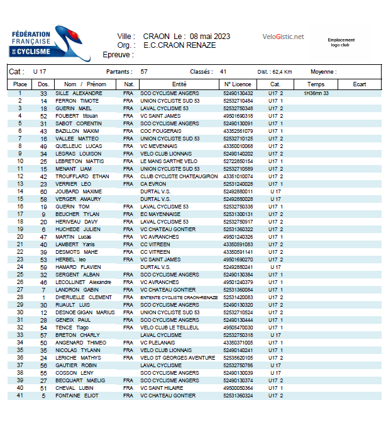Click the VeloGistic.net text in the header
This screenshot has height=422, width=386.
coord(283,37)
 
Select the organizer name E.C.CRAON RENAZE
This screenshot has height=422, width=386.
coord(179,45)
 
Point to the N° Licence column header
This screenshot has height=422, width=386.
coord(237,84)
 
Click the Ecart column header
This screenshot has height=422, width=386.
coord(359,84)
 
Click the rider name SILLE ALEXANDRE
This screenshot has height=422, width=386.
coord(79,93)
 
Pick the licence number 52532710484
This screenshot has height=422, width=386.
coord(238,101)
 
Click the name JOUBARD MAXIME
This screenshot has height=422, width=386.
coord(79,191)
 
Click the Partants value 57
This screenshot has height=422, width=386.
coord(144,71)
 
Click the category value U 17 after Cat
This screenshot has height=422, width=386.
coord(40,71)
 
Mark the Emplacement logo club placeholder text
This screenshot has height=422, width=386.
coord(341,42)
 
